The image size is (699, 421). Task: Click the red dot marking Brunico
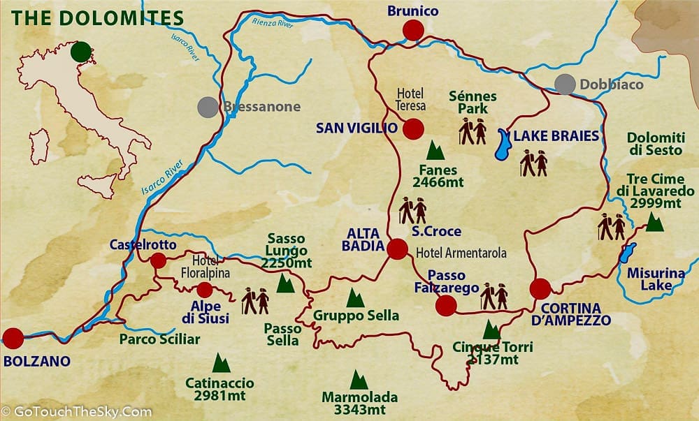413,30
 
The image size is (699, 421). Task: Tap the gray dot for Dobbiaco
565,84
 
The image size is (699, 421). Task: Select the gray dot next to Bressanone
208,107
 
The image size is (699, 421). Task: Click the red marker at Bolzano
13,338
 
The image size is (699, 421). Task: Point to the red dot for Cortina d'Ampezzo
540,288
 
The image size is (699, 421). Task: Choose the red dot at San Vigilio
413,128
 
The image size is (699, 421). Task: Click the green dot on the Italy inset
81,52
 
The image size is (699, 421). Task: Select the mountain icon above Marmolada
359,380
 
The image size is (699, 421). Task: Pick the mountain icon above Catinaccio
221,363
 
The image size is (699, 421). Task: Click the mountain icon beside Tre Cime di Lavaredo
654,222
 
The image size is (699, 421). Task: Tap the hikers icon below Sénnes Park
473,131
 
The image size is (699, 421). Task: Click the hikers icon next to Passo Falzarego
493,297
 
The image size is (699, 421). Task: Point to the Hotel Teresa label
411,99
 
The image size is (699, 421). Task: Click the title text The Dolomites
99,17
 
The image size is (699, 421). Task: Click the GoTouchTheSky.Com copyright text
76,412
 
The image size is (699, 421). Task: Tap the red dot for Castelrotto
159,260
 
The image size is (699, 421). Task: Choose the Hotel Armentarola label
461,253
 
